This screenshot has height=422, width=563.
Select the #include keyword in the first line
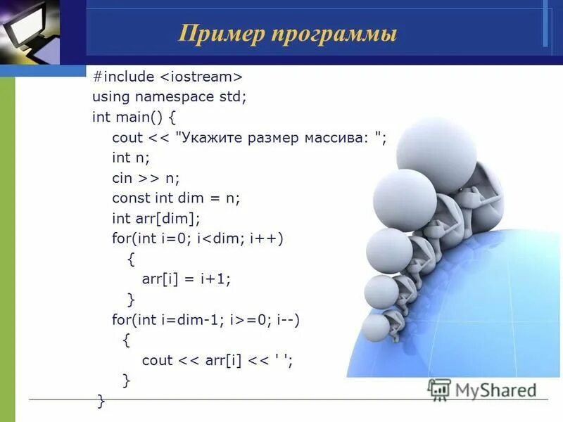(x=122, y=75)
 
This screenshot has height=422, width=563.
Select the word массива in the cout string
(x=338, y=137)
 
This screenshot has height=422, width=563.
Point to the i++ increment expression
(x=269, y=238)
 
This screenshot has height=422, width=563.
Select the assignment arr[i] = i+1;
(x=186, y=279)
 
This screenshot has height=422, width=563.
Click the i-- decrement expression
(x=286, y=320)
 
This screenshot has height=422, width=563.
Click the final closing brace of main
(x=101, y=401)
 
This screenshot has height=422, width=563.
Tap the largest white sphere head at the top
(x=436, y=150)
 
